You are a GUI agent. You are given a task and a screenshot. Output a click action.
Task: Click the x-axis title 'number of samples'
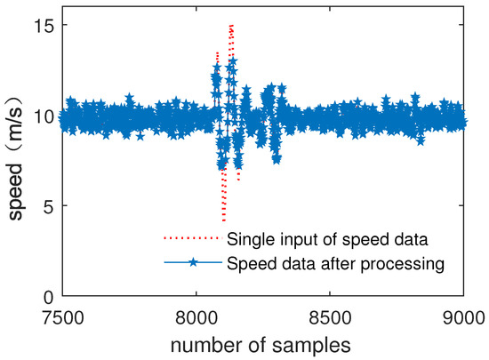(x=262, y=342)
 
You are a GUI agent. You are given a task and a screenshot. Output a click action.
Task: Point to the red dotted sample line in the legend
(x=192, y=238)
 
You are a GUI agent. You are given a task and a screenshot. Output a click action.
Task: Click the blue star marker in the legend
(x=192, y=263)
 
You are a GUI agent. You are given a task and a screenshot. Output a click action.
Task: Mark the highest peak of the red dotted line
(x=231, y=26)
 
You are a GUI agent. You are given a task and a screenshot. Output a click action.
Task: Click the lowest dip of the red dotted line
(x=223, y=220)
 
